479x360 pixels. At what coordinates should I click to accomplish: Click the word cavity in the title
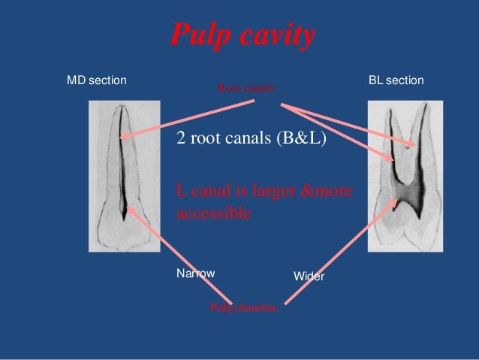(273, 35)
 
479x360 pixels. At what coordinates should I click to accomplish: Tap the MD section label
(97, 80)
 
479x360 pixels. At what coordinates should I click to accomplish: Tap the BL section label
(396, 80)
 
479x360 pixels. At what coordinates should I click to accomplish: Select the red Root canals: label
(247, 88)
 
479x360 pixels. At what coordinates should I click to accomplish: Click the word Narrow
(195, 274)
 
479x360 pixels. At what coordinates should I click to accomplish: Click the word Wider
(309, 277)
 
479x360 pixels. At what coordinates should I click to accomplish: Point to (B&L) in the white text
(302, 138)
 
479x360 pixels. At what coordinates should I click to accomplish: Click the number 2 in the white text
(180, 138)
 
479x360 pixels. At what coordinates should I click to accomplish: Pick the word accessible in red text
(212, 213)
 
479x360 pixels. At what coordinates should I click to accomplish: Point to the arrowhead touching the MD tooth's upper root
(121, 137)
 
